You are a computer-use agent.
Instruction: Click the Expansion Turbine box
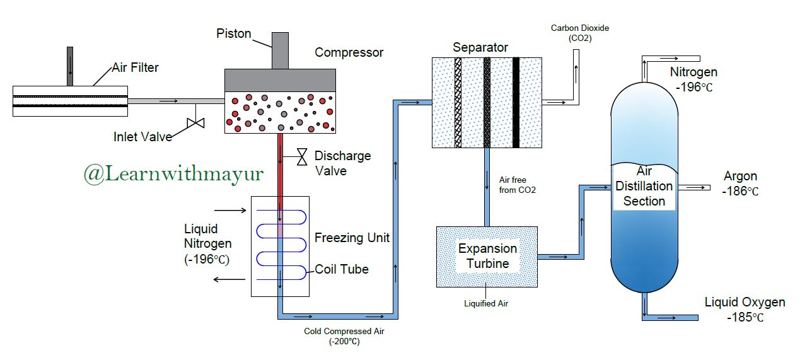click(x=487, y=257)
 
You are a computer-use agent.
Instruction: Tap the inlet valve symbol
click(x=196, y=123)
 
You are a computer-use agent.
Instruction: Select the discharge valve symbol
click(x=302, y=156)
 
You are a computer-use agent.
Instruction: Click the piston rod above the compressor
click(x=279, y=50)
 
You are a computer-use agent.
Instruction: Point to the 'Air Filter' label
click(x=135, y=67)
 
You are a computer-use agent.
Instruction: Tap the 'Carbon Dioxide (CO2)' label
click(x=580, y=33)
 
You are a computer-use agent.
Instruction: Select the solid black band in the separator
click(x=516, y=103)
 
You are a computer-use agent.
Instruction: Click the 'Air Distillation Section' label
click(x=644, y=186)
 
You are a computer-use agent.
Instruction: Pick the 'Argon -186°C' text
click(x=740, y=183)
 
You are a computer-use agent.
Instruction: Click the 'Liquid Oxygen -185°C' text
click(x=745, y=309)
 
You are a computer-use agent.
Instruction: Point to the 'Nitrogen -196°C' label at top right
click(x=693, y=79)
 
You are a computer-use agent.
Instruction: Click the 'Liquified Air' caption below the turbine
click(x=486, y=303)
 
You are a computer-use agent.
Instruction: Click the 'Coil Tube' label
click(x=341, y=269)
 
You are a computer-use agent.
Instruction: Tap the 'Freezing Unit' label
click(x=352, y=238)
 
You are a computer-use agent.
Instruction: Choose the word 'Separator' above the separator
click(x=480, y=47)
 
